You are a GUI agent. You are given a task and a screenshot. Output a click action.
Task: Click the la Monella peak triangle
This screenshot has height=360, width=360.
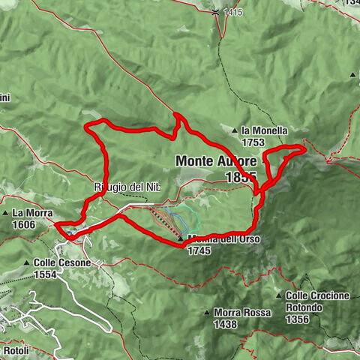pyautogui.click(x=235, y=130)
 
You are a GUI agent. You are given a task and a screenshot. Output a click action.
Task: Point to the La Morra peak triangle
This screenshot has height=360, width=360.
pyautogui.click(x=7, y=214)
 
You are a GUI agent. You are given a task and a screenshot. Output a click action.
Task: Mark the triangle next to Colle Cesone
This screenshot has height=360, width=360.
pyautogui.click(x=27, y=263)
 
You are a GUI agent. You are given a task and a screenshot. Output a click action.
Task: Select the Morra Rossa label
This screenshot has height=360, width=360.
pyautogui.click(x=241, y=313)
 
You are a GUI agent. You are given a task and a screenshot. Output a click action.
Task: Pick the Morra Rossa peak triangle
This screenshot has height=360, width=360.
pyautogui.click(x=208, y=312)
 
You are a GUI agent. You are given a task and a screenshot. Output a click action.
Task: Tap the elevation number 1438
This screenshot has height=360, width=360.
pyautogui.click(x=223, y=324)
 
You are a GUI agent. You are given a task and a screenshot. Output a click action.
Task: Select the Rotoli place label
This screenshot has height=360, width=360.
pyautogui.click(x=15, y=350)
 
